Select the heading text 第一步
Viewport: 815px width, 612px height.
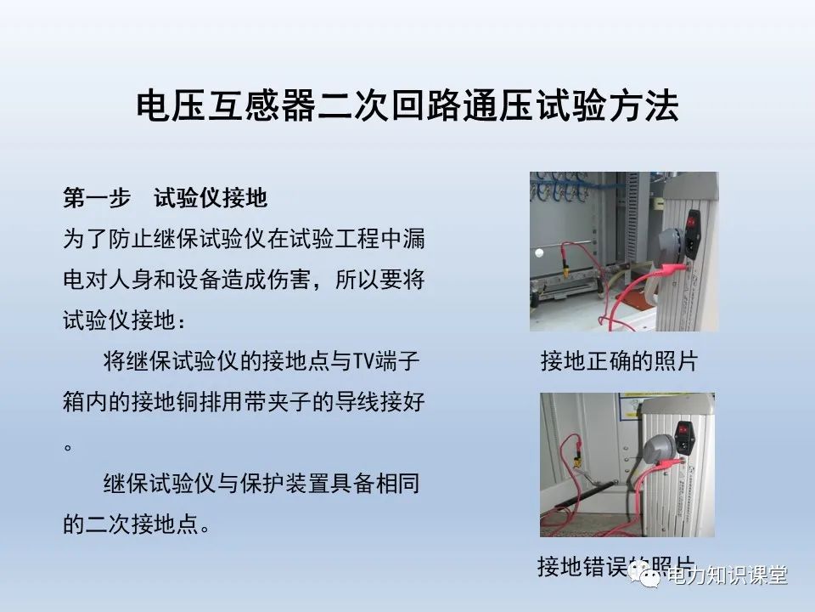tap(97, 199)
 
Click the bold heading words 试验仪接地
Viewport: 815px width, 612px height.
tap(211, 199)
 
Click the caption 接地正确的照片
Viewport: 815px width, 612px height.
tap(619, 361)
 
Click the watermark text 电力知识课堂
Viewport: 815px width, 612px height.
tap(728, 576)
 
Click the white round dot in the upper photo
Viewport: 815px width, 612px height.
tap(538, 252)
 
